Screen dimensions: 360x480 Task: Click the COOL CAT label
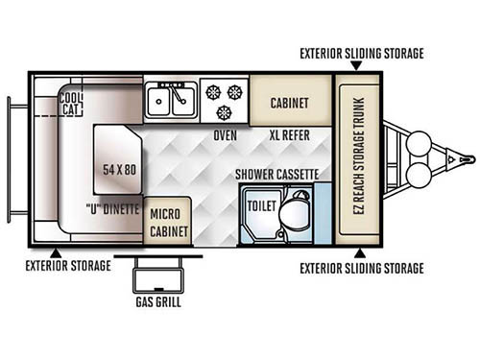(70, 103)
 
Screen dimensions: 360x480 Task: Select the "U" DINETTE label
(112, 208)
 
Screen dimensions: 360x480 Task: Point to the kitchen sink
(171, 97)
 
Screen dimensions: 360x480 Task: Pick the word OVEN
(226, 135)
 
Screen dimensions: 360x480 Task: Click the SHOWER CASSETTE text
(277, 174)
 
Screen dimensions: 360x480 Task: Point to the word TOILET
(262, 204)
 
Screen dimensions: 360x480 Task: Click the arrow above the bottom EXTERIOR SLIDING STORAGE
(357, 252)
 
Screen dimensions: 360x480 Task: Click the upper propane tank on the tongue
(420, 143)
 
